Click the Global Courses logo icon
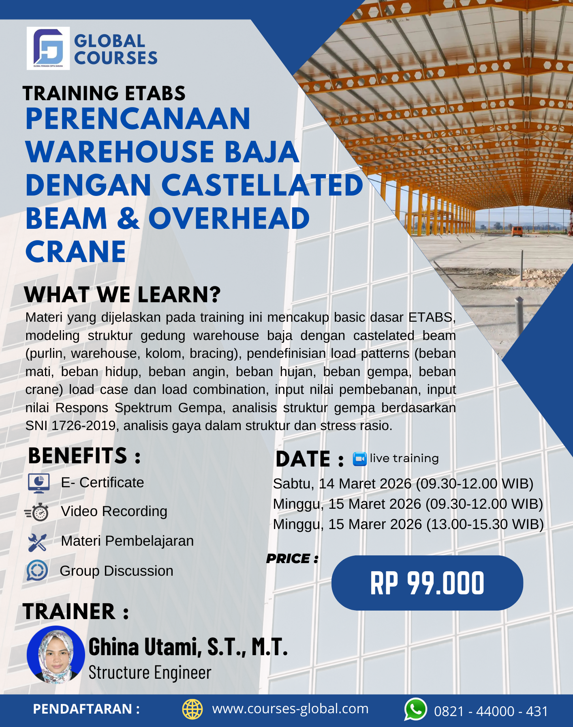(x=48, y=48)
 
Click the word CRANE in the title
(x=76, y=252)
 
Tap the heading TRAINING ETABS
(x=104, y=93)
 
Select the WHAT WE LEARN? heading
(x=122, y=295)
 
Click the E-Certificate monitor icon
(x=39, y=483)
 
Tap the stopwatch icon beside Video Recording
(x=38, y=512)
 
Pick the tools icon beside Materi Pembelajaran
(x=37, y=542)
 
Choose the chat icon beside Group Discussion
(x=37, y=570)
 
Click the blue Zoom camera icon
(x=359, y=459)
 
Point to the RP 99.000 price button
(x=427, y=583)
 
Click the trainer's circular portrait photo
(x=56, y=655)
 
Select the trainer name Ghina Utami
(x=188, y=647)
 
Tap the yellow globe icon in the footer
(x=192, y=709)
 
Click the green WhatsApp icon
(x=415, y=709)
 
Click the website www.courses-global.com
(x=290, y=709)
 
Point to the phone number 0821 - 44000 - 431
(x=491, y=711)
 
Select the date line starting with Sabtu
(x=403, y=484)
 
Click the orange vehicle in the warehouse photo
(x=517, y=231)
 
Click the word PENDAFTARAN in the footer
(x=83, y=709)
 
